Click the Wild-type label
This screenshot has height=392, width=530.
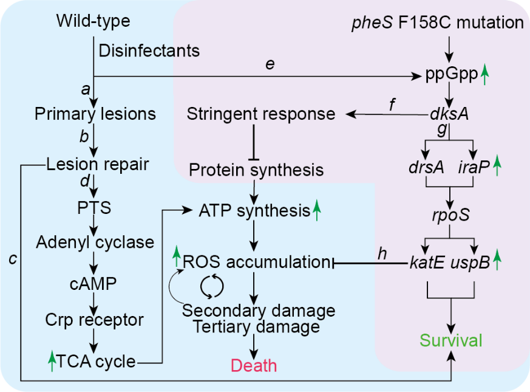point(93,21)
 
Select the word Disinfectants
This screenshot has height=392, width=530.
point(148,50)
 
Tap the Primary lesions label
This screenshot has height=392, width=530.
point(95,114)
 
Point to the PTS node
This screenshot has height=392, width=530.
point(94,208)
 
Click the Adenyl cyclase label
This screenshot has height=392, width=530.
point(95,242)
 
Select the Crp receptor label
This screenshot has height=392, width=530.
point(95,320)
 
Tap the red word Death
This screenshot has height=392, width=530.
point(254,365)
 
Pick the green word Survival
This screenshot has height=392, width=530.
point(452,340)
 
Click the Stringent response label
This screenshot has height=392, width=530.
point(261,114)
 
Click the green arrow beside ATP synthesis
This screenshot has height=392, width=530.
point(316,211)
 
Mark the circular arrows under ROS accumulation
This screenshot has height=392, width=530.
point(212,285)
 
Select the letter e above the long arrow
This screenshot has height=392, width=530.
point(270,64)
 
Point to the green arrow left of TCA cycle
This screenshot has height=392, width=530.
point(52,362)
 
